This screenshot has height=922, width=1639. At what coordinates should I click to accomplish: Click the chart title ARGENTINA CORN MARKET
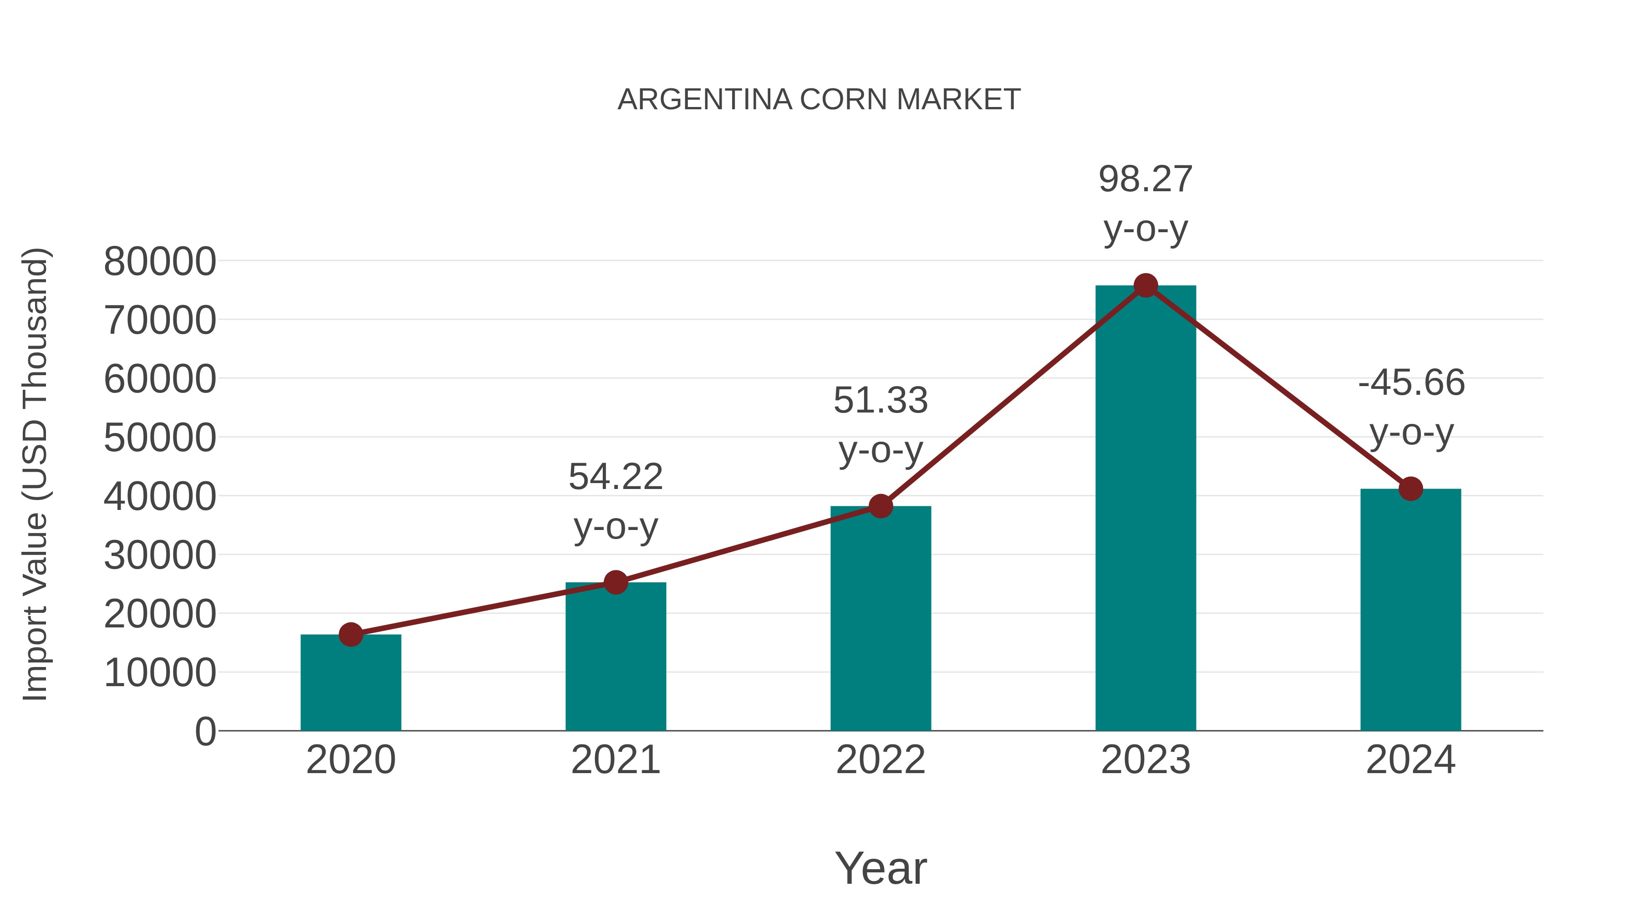tap(819, 100)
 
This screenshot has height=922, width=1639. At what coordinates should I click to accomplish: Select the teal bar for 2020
tap(351, 683)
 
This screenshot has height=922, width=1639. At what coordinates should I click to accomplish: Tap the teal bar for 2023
tap(1145, 509)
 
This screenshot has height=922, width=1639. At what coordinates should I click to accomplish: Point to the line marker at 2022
tap(881, 506)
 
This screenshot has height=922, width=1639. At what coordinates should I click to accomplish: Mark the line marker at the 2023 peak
tap(1145, 285)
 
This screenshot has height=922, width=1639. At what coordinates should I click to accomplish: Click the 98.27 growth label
tap(1145, 179)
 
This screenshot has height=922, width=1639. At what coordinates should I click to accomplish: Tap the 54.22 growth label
tap(615, 477)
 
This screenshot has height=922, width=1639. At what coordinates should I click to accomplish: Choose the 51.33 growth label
tap(881, 401)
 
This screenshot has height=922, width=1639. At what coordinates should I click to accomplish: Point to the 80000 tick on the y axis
tap(160, 261)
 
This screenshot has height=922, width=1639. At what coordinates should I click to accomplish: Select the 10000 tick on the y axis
tap(160, 672)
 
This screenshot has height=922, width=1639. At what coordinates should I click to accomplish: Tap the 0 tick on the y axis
tap(205, 731)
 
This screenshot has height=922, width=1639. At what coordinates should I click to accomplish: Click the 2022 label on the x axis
tap(881, 760)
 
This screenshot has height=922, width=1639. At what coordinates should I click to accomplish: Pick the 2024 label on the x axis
tap(1410, 760)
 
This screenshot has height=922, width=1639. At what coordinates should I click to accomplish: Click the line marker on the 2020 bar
tap(351, 634)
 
